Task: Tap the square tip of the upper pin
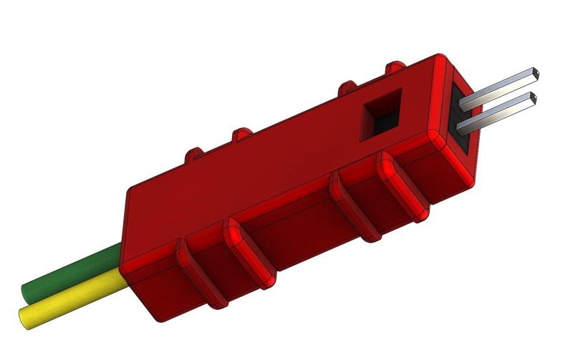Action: (534, 73)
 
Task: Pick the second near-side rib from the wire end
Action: (247, 250)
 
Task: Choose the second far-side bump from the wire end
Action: (241, 133)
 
